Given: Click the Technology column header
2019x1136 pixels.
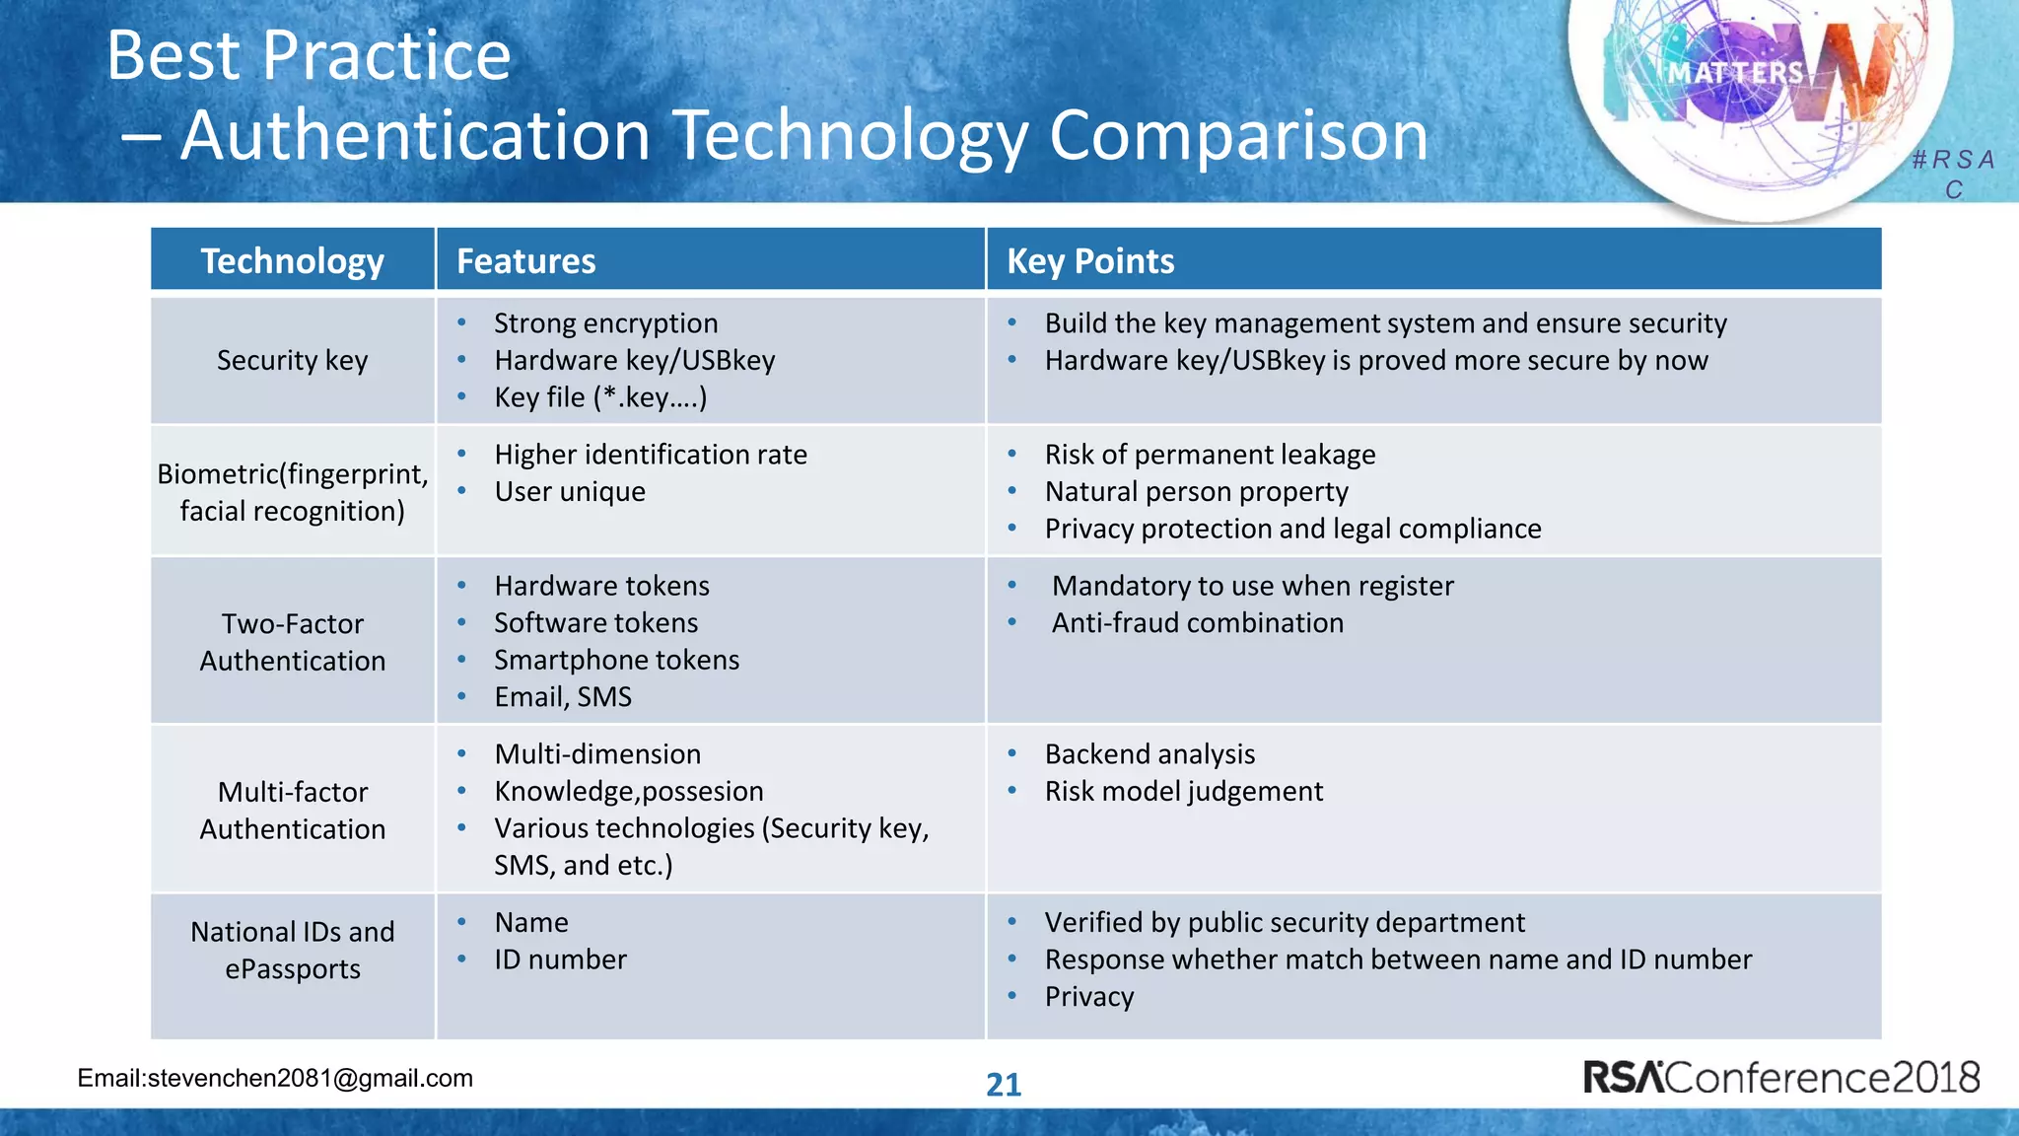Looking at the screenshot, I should click(292, 261).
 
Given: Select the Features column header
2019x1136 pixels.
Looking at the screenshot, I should click(525, 261).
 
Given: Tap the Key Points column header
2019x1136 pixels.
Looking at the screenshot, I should click(1089, 261).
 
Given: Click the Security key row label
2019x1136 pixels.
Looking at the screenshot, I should click(292, 360).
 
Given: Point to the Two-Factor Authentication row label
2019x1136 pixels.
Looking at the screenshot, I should click(292, 642).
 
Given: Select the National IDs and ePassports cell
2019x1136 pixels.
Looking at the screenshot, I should click(292, 950).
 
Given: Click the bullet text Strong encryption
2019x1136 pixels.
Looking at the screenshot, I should click(605, 323).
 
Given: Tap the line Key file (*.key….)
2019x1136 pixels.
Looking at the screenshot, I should click(600, 397).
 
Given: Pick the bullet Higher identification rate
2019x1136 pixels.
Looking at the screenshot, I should click(650, 455).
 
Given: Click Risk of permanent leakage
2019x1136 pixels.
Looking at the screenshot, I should click(1210, 455).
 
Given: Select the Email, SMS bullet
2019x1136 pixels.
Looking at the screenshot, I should click(563, 697).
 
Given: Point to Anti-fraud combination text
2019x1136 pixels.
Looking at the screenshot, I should click(1197, 623).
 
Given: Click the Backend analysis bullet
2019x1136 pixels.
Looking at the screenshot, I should click(1149, 754).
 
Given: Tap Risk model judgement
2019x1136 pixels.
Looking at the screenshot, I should click(1183, 792).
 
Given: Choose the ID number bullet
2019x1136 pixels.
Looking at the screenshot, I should click(560, 959).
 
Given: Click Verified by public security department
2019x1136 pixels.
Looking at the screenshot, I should click(1285, 923).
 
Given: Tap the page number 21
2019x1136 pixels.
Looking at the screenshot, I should click(1004, 1085).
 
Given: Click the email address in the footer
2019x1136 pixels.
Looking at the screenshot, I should click(275, 1078).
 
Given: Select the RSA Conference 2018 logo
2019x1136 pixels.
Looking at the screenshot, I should click(1780, 1077).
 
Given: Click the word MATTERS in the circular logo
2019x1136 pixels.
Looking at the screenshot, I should click(1735, 73).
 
